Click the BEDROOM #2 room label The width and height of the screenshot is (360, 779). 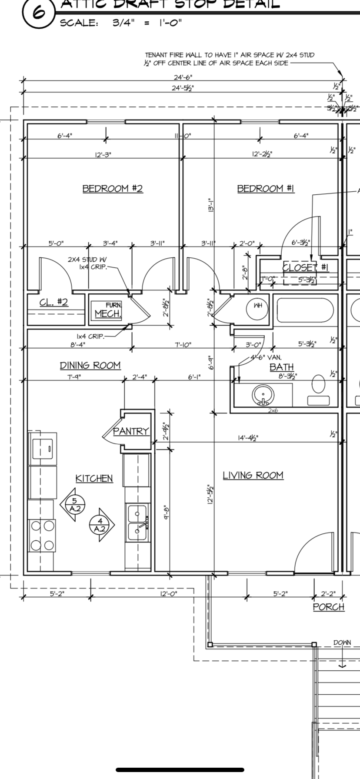pos(113,188)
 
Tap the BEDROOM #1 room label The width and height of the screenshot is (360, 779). pos(266,188)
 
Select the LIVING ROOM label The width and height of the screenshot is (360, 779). pos(253,475)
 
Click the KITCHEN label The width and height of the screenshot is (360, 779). pos(94,478)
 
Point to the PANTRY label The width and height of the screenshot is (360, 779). pos(131,431)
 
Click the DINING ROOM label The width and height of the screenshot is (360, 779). pos(90,365)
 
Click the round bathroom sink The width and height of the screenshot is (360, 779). pos(263,394)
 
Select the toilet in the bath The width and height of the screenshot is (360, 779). pos(318,385)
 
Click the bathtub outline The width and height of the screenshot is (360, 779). pos(305,310)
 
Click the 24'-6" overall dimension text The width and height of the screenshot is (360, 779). pos(183,77)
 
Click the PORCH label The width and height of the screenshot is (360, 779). pos(329,607)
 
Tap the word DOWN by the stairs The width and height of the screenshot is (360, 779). pos(342,643)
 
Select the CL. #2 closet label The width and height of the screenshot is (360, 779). pos(54,302)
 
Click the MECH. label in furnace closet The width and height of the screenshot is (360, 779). pos(108,313)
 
